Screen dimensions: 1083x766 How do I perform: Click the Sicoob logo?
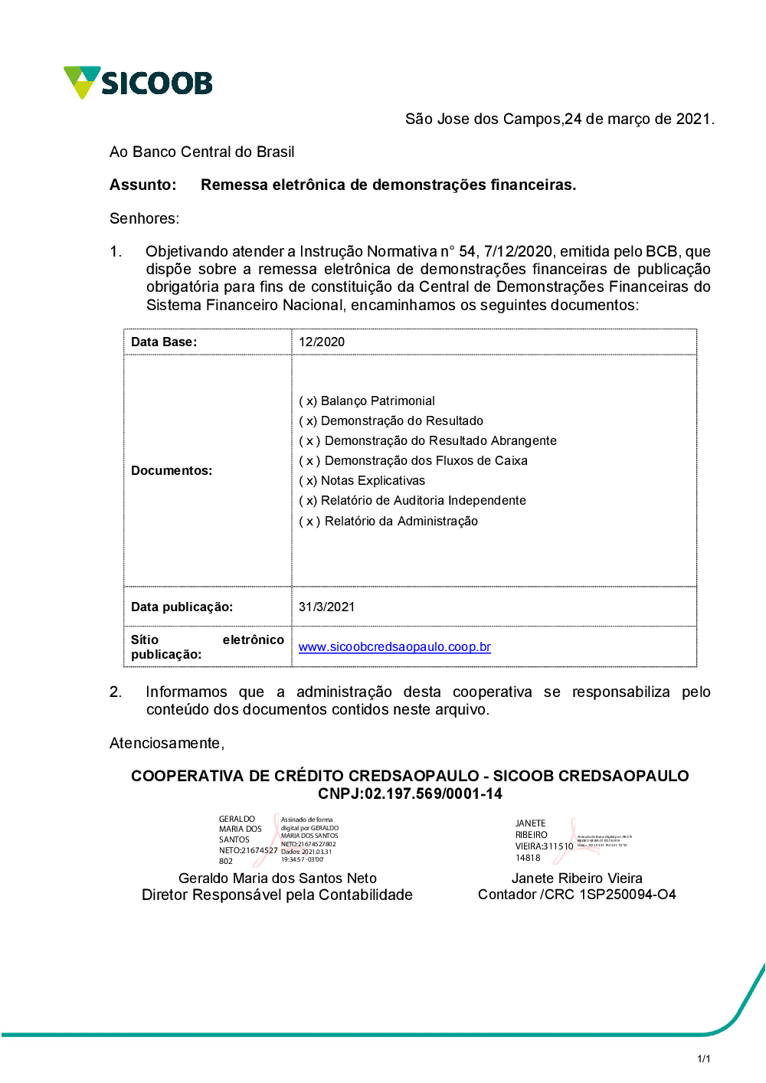138,82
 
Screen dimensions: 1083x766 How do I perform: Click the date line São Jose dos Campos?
559,119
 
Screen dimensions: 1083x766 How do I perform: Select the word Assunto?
142,185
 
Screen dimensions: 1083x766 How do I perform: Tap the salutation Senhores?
144,218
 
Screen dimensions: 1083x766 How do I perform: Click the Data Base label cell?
164,342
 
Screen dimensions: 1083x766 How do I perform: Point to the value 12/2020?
322,342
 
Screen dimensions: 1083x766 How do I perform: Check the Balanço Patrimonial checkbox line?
367,401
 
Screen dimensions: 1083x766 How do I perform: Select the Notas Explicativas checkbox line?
362,480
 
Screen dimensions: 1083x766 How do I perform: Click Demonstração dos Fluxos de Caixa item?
413,460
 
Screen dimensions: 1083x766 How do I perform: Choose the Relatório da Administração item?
388,521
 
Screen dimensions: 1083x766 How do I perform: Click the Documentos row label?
172,470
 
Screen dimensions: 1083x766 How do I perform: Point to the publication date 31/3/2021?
327,607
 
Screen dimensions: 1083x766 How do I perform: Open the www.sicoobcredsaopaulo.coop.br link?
394,646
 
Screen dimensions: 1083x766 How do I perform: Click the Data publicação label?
182,607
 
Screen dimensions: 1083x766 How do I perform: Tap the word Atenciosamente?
166,743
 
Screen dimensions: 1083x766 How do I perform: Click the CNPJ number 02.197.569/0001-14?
433,793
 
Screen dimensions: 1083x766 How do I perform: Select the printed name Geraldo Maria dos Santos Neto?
277,878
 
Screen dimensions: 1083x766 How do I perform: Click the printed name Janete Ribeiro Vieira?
577,878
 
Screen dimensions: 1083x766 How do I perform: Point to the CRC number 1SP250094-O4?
627,895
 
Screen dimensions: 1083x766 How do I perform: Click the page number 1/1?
703,1058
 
